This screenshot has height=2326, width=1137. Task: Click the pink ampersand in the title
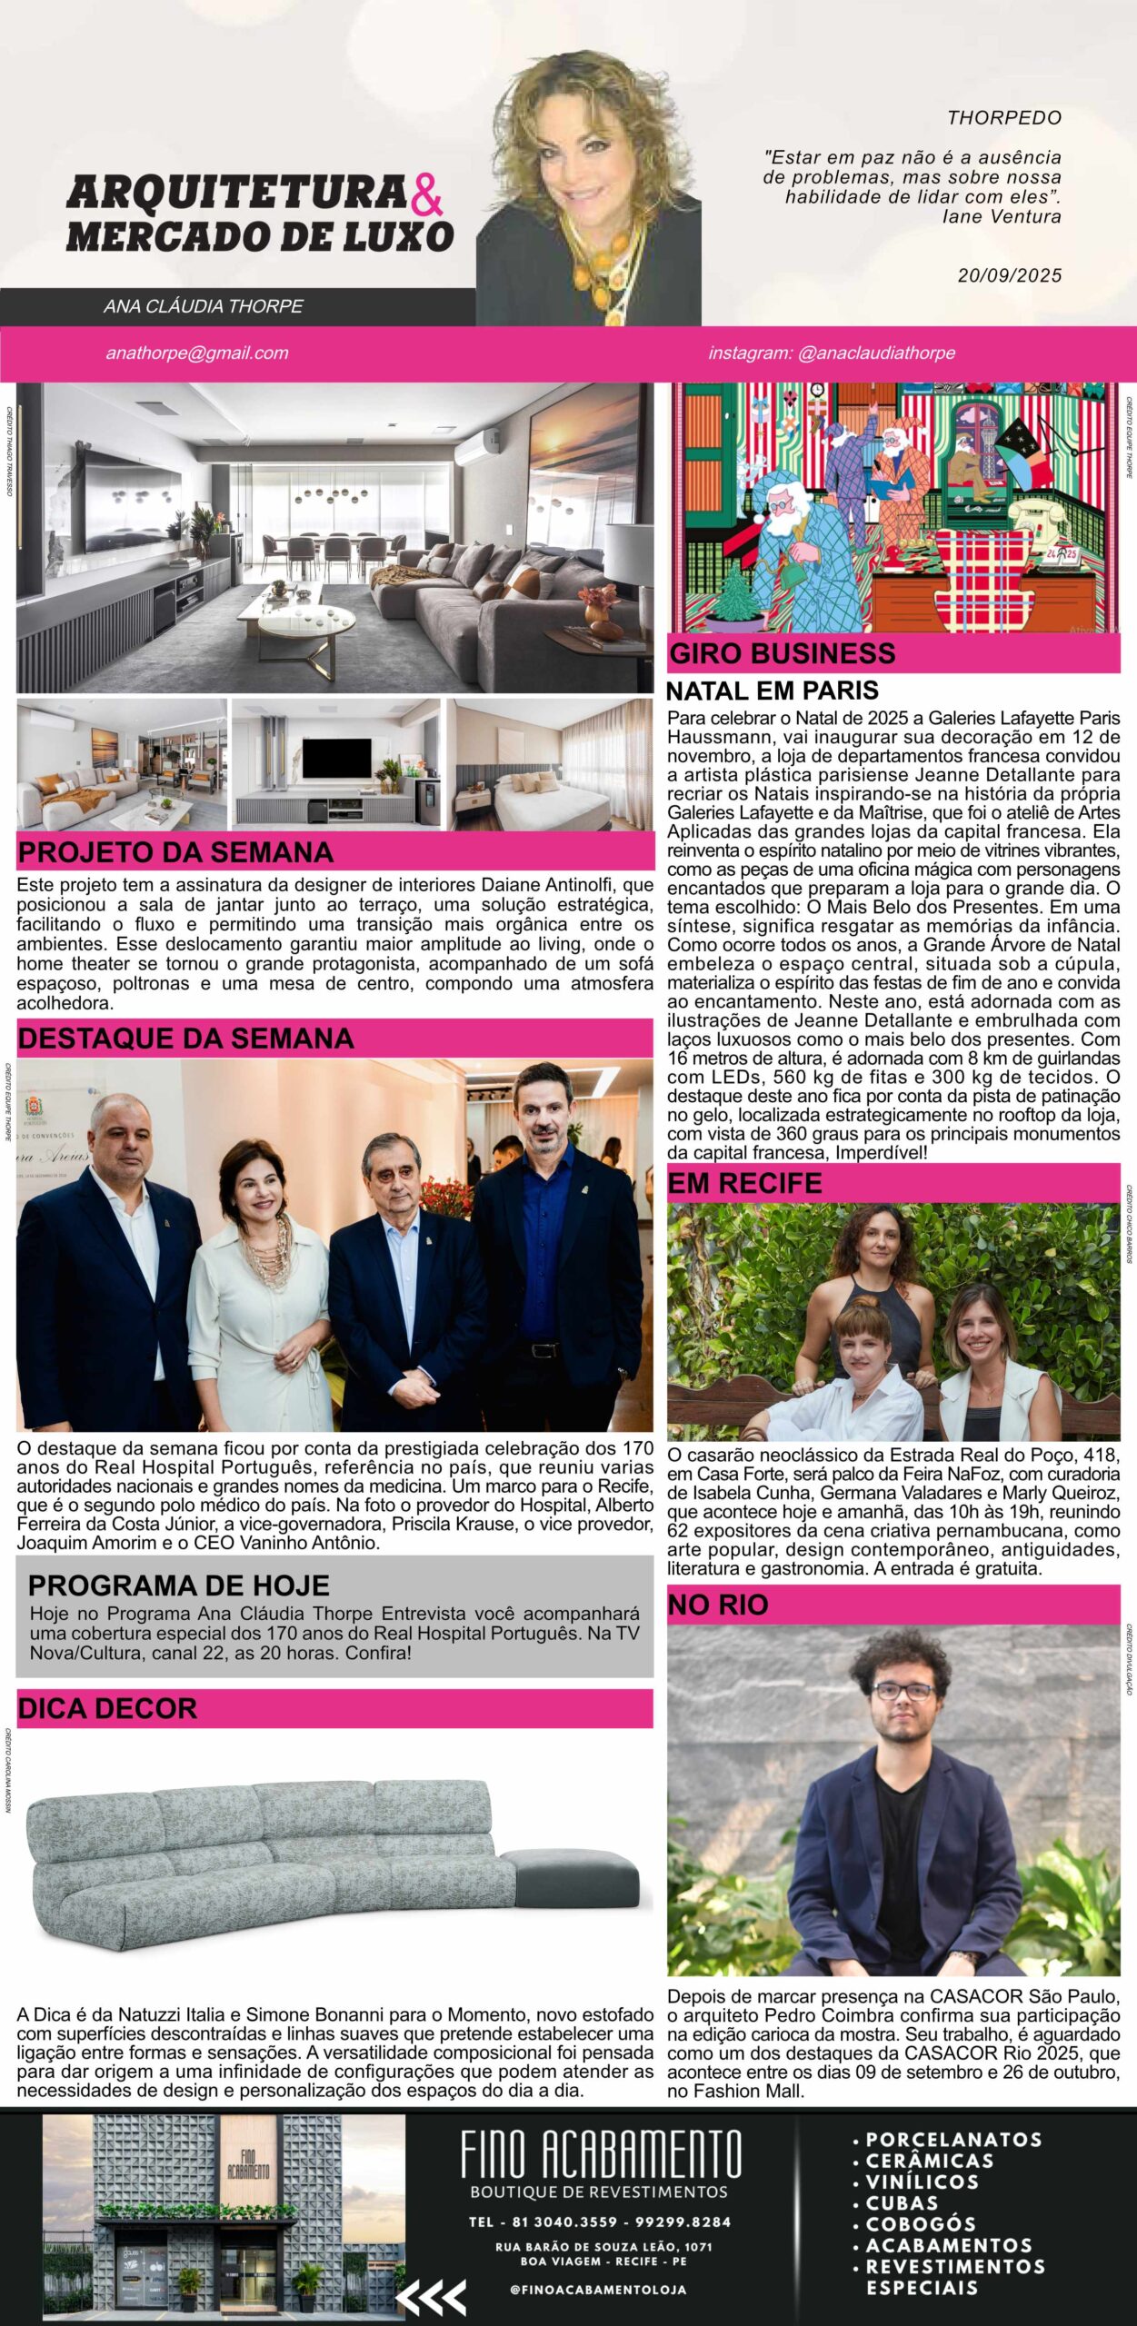coord(427,194)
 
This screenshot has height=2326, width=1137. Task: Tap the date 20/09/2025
coord(1009,275)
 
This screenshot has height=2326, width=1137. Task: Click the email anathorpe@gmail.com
coord(197,353)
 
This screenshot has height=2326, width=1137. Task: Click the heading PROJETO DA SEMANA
coord(175,852)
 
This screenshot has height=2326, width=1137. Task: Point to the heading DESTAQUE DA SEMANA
coord(185,1039)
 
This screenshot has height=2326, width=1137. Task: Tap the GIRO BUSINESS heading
coord(783,653)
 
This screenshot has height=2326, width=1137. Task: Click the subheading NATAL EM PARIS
coord(773,691)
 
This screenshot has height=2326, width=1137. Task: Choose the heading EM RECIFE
coord(744,1183)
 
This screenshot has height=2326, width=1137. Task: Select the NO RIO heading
coord(718,1605)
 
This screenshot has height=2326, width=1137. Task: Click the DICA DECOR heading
coord(107,1708)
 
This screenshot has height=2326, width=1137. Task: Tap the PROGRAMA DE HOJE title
coord(179,1585)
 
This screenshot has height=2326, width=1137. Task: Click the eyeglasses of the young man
coord(903,1691)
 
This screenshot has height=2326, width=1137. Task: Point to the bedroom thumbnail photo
coord(550,764)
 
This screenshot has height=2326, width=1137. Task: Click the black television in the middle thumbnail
coord(336,759)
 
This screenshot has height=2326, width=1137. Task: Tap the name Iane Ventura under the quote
coord(1002,216)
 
